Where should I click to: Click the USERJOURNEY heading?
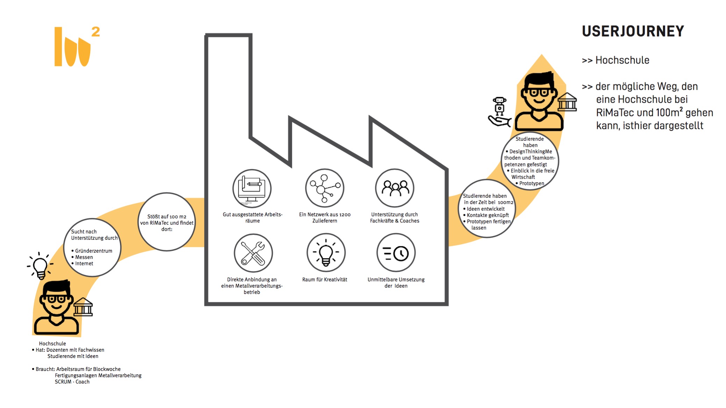(x=633, y=31)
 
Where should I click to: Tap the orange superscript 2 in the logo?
(x=95, y=32)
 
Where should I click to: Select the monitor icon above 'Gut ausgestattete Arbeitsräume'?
(x=252, y=188)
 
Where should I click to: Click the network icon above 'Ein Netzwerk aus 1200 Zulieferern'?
(x=325, y=188)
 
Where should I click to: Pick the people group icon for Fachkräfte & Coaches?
(x=395, y=188)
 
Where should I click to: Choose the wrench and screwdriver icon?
(x=253, y=253)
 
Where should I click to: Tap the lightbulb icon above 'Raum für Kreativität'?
(x=326, y=253)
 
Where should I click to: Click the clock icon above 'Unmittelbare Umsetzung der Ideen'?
(x=396, y=253)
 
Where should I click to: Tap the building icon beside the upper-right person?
(x=567, y=102)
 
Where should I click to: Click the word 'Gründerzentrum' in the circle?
(x=93, y=251)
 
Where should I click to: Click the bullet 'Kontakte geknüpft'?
(x=487, y=215)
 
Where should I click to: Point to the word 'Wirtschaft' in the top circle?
(x=523, y=177)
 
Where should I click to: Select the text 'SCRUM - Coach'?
(x=72, y=382)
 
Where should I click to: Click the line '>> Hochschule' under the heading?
(x=615, y=60)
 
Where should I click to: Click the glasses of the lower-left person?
(x=56, y=299)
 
